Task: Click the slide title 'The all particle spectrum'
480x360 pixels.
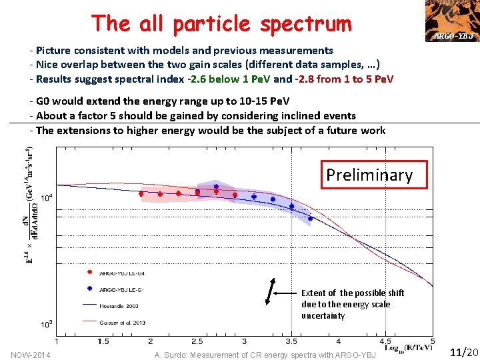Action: (x=221, y=23)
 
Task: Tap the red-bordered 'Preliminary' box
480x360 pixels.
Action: (x=369, y=175)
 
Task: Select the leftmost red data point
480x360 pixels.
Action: (x=141, y=193)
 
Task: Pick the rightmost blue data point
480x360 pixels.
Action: (x=310, y=218)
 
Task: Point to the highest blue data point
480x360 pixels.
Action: (x=216, y=187)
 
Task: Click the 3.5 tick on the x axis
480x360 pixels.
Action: (x=291, y=341)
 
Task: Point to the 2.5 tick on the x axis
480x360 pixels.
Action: (x=197, y=341)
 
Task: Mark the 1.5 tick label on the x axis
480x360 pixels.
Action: (x=103, y=341)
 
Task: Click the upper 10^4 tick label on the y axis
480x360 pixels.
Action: (x=47, y=198)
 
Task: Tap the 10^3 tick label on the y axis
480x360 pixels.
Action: (x=47, y=325)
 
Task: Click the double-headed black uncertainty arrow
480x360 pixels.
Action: (x=271, y=291)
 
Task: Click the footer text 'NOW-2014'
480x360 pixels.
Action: (x=31, y=354)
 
